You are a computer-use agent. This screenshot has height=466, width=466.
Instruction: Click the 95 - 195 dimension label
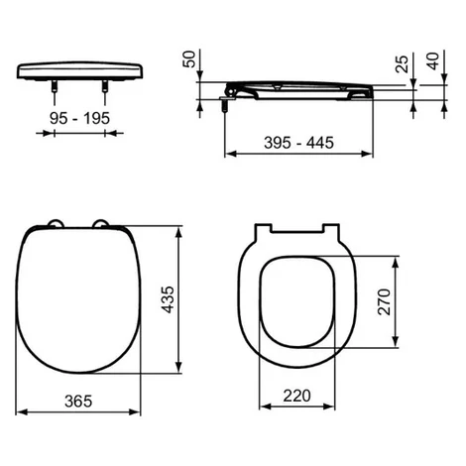[x=79, y=118]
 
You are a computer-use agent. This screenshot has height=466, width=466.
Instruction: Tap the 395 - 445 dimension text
[x=298, y=143]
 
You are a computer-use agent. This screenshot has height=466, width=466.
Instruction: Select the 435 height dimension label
[x=168, y=299]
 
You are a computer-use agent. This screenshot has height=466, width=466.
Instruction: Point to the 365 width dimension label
[x=78, y=401]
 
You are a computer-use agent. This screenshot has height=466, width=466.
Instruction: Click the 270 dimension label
[x=384, y=301]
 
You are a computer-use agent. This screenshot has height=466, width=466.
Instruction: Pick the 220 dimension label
[x=296, y=396]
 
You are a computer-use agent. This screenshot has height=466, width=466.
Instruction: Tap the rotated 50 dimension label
[x=189, y=59]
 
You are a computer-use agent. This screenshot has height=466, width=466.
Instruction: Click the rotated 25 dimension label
[x=402, y=63]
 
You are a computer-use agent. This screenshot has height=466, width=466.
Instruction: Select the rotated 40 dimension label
[x=433, y=61]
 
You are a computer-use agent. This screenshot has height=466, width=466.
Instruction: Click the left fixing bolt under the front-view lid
[x=54, y=86]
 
